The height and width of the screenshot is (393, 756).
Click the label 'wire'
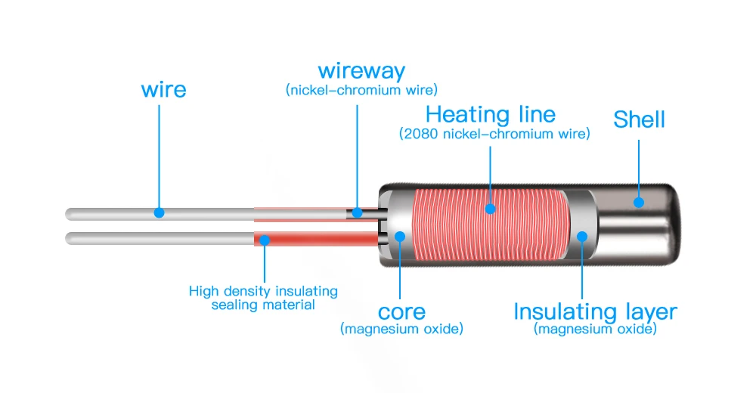coord(163,90)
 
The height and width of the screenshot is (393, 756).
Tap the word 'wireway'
coord(361,72)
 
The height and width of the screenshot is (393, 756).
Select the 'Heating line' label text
coord(491,115)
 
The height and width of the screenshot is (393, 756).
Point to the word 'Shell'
coord(639,119)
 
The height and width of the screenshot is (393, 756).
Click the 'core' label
coord(401,311)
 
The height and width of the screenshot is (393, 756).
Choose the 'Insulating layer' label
coord(595,311)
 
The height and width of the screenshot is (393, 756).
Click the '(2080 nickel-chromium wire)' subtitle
coord(494,134)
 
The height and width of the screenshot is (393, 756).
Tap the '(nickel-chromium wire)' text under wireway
coord(361,90)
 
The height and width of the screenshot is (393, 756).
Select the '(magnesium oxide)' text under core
coord(401,329)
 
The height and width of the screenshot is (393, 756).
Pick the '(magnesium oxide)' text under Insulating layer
coord(595,329)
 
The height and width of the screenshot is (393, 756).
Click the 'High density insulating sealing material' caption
coord(263,298)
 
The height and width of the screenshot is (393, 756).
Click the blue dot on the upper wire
coord(159,212)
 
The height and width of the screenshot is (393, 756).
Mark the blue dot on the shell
coord(639,202)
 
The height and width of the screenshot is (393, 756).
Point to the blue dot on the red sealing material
coord(265,240)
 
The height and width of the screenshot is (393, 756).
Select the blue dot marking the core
coord(400,236)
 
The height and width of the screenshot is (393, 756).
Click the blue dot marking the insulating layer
coord(582,236)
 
